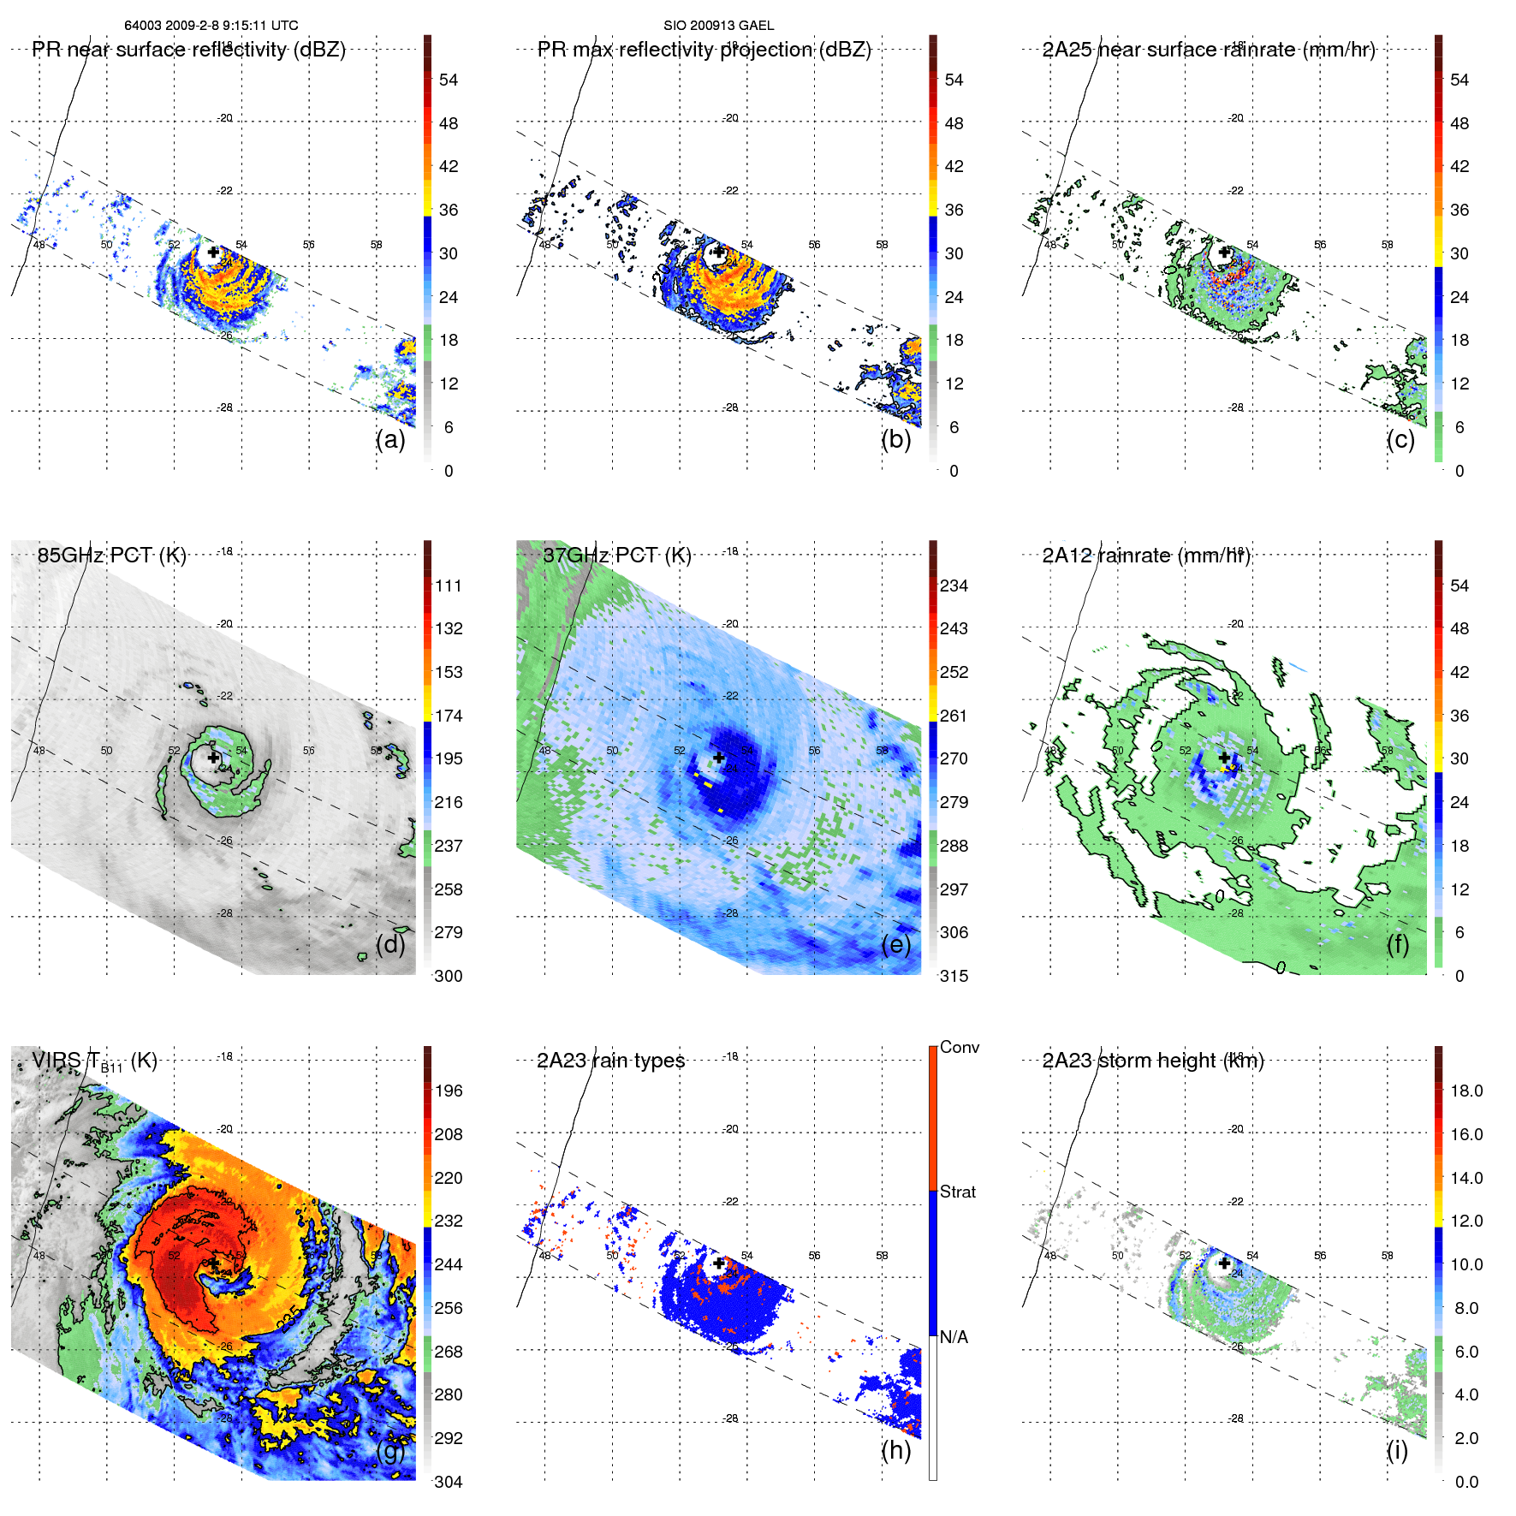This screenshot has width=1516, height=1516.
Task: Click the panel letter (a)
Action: (389, 440)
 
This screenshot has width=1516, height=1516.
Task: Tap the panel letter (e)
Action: (895, 945)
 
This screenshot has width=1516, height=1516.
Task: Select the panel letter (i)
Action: (1397, 1450)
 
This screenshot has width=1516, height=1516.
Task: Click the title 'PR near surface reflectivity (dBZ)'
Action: (188, 50)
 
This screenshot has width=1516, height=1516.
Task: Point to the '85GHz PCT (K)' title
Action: (111, 555)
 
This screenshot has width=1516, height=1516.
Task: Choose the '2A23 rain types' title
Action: (610, 1061)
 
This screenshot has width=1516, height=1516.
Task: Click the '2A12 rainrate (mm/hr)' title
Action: (1146, 556)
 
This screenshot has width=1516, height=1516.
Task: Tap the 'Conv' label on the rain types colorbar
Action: (959, 1047)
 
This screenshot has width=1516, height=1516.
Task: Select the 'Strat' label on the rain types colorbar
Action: (957, 1192)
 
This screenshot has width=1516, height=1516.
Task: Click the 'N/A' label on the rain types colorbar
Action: (954, 1337)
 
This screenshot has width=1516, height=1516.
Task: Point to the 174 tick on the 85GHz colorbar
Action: (449, 716)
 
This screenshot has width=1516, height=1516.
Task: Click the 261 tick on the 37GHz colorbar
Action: (954, 716)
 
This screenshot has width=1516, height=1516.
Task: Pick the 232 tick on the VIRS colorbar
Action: (449, 1221)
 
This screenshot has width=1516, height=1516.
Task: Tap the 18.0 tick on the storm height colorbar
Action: (1465, 1091)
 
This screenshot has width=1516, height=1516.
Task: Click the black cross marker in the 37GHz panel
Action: (719, 758)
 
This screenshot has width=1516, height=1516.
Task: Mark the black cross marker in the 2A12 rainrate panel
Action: (1224, 758)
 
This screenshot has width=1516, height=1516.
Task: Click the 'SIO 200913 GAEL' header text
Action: (718, 26)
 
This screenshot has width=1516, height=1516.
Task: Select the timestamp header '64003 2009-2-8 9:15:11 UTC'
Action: (211, 26)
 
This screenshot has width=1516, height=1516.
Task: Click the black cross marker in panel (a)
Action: (213, 252)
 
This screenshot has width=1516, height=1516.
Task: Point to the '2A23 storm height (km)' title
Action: (1152, 1061)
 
